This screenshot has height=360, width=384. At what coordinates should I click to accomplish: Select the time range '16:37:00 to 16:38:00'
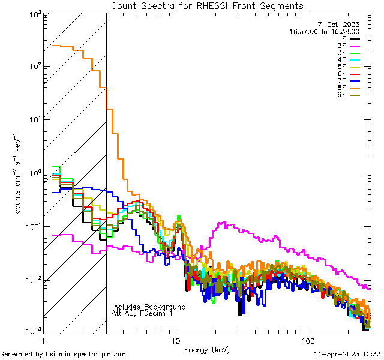point(324,31)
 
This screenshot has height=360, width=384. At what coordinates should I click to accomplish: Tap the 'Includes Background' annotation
point(149,307)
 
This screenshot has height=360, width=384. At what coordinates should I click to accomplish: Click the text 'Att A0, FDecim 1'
point(142,313)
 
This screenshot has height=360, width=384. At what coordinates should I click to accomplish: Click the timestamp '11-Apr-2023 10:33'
point(347,354)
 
